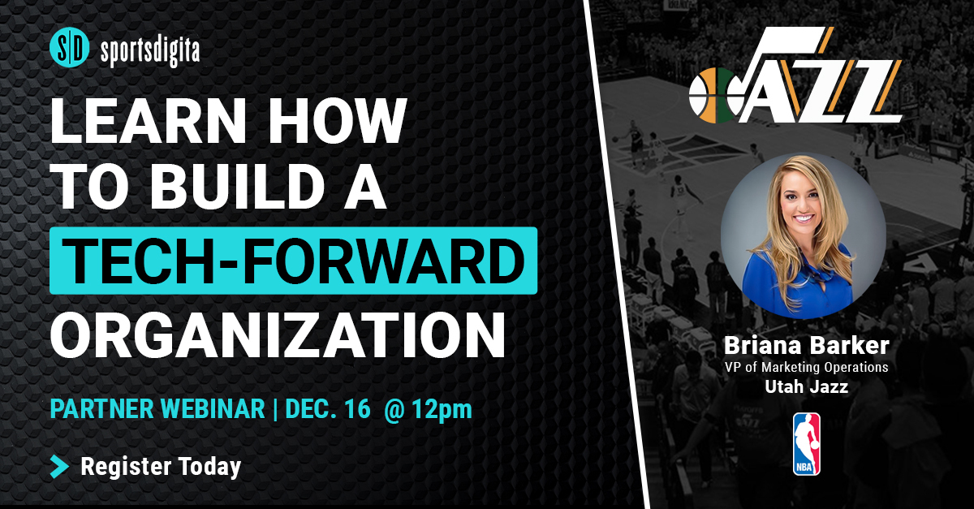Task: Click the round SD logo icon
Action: [70, 47]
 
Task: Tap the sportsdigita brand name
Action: [150, 50]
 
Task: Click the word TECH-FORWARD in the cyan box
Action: [294, 261]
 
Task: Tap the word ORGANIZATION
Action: [278, 335]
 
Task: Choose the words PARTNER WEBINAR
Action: [157, 409]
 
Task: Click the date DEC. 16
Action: [328, 409]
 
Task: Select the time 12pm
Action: [442, 410]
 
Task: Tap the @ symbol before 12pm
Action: [394, 410]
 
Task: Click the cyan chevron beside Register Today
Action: [59, 466]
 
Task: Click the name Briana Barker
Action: [807, 346]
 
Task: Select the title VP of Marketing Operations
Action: [806, 367]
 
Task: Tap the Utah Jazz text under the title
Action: [807, 386]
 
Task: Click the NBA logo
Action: [807, 444]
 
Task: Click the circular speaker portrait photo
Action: [803, 235]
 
